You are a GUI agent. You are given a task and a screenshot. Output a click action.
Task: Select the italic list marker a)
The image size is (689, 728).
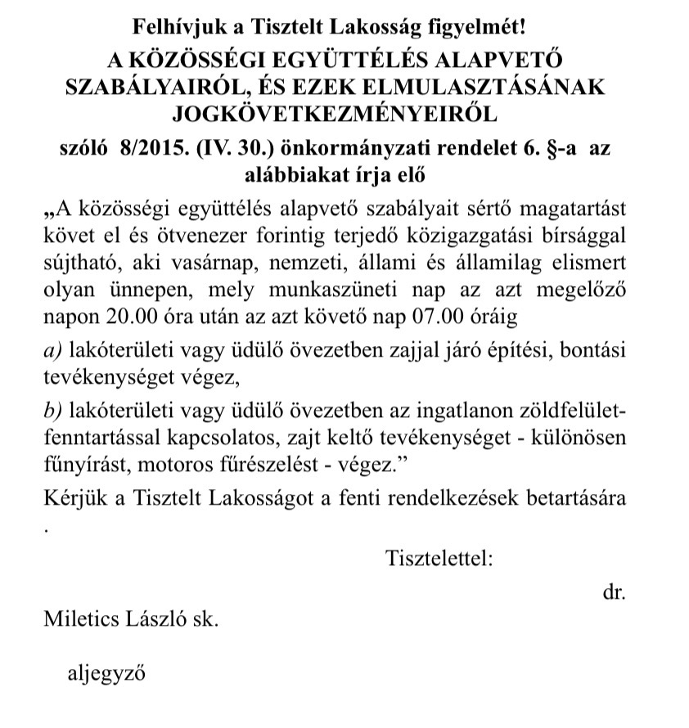[54, 350]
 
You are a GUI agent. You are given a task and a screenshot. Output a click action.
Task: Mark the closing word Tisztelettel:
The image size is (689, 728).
[439, 559]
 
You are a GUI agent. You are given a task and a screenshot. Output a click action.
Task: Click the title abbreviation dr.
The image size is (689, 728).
[614, 591]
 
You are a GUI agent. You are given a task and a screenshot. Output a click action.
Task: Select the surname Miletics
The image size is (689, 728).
[79, 619]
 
